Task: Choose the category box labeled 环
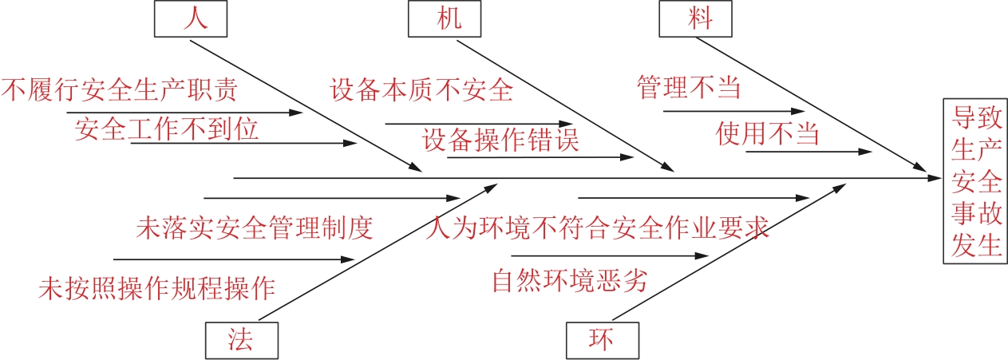click(602, 341)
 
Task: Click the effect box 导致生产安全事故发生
click(976, 180)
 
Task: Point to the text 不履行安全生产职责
click(120, 89)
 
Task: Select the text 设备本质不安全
click(421, 89)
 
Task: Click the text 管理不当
click(688, 87)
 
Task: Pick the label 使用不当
click(768, 133)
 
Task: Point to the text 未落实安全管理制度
click(255, 229)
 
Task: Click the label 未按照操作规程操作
click(156, 287)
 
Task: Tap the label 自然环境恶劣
click(569, 281)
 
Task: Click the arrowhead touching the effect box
click(935, 178)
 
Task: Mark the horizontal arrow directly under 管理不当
click(734, 111)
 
